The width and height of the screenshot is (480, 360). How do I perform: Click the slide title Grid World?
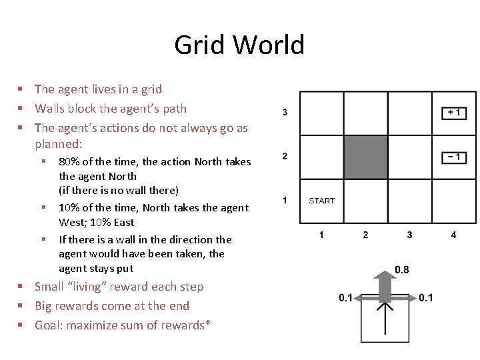tap(239, 45)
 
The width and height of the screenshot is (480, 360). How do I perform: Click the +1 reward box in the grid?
tap(454, 113)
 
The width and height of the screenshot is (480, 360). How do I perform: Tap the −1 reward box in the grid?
tap(454, 157)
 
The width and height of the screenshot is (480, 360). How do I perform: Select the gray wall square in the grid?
tap(365, 157)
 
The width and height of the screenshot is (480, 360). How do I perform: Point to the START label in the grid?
tap(321, 201)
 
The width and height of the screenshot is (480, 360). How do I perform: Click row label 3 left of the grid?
tap(285, 112)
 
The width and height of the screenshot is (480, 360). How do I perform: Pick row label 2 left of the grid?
tap(285, 156)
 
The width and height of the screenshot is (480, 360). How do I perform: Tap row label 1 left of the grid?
tap(285, 200)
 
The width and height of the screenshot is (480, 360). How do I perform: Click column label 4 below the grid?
tap(453, 235)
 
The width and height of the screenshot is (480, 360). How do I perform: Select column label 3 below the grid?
tap(409, 235)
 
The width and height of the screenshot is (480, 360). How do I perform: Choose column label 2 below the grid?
tap(365, 235)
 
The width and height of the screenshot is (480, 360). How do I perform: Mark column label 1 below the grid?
tap(321, 235)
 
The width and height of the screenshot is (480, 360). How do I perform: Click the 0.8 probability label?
tap(402, 269)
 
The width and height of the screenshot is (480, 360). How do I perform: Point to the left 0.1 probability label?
tap(345, 298)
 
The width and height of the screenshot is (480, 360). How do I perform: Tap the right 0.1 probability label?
tap(426, 298)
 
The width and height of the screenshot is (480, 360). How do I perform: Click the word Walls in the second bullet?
tap(49, 109)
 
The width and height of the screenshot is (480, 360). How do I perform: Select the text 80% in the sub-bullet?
tap(70, 162)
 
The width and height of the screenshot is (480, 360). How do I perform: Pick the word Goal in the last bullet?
tap(47, 325)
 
